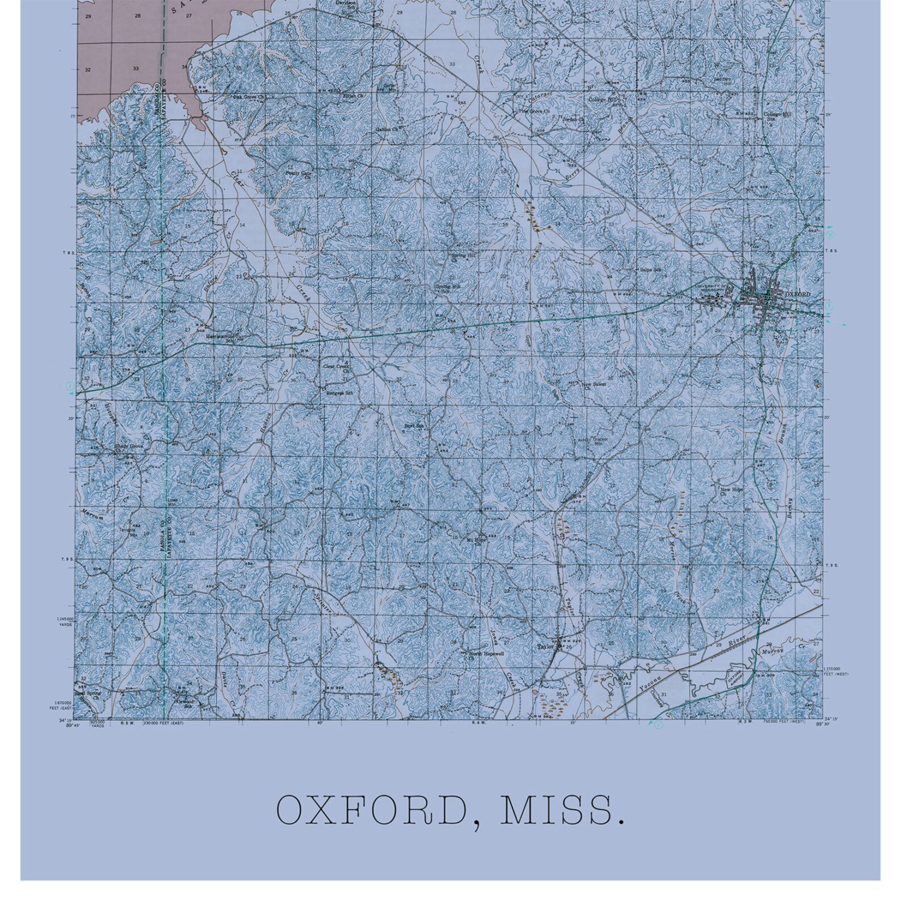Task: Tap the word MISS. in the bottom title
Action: click(x=560, y=811)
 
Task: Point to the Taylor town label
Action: click(x=545, y=646)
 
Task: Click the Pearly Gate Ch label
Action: click(x=299, y=174)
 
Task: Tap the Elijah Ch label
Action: click(x=348, y=95)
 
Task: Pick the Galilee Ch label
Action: click(x=388, y=129)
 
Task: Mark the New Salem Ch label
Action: click(x=593, y=385)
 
